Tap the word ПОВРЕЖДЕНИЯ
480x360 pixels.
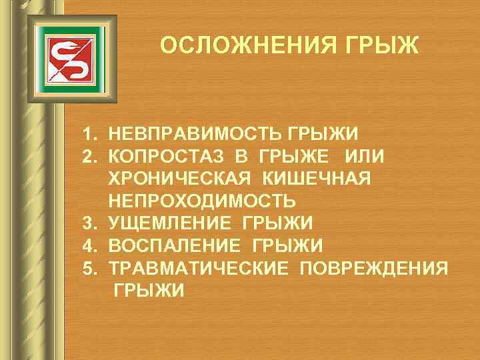(x=374, y=268)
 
